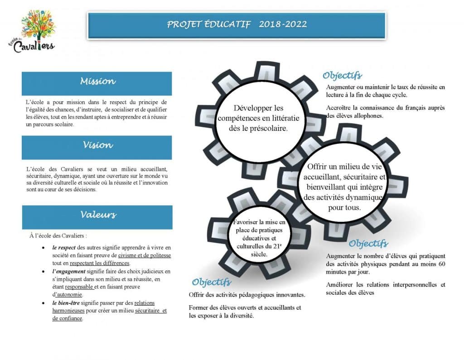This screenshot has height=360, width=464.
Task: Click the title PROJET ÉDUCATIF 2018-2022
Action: click(237, 24)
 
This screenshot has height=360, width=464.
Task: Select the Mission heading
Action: click(97, 82)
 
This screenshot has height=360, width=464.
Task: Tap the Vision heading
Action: click(97, 145)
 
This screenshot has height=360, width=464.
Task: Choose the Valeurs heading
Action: click(98, 215)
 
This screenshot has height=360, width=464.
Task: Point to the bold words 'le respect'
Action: click(64, 248)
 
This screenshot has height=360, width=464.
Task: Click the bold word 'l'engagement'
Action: click(69, 271)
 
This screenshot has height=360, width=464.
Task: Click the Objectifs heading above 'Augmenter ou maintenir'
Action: click(342, 75)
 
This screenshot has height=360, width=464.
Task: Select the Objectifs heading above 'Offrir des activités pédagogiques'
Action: click(211, 283)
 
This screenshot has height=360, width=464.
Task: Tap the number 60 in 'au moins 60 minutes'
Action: click(442, 264)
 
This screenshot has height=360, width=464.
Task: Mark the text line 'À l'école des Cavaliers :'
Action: click(58, 235)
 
